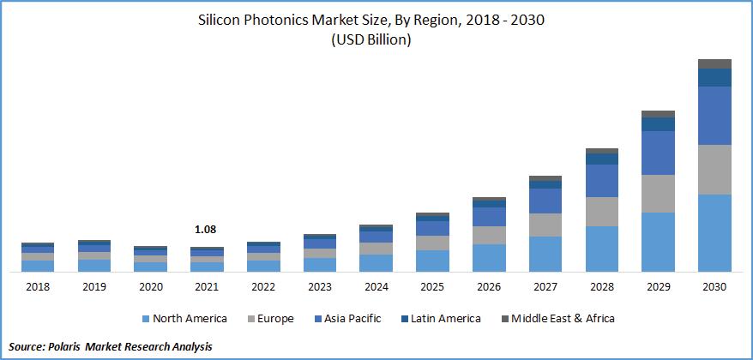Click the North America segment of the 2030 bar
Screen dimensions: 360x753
tap(714, 232)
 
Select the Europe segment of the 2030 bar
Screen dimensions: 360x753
tap(714, 169)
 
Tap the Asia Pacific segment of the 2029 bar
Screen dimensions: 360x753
tap(658, 153)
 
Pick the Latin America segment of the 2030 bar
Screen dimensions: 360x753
tap(714, 77)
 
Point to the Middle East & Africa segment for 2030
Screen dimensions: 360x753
tap(714, 63)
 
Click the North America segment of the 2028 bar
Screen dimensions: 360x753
tap(601, 249)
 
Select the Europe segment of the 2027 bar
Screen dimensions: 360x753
tap(545, 225)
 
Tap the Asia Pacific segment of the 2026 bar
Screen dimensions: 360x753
tap(489, 216)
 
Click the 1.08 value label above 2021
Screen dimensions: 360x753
tap(206, 230)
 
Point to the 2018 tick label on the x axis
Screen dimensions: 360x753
tap(37, 287)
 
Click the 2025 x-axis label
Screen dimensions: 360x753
tap(432, 287)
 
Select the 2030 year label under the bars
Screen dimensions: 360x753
tap(714, 287)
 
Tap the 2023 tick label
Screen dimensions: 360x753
tap(319, 287)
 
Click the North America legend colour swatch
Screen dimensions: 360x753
tap(145, 319)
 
